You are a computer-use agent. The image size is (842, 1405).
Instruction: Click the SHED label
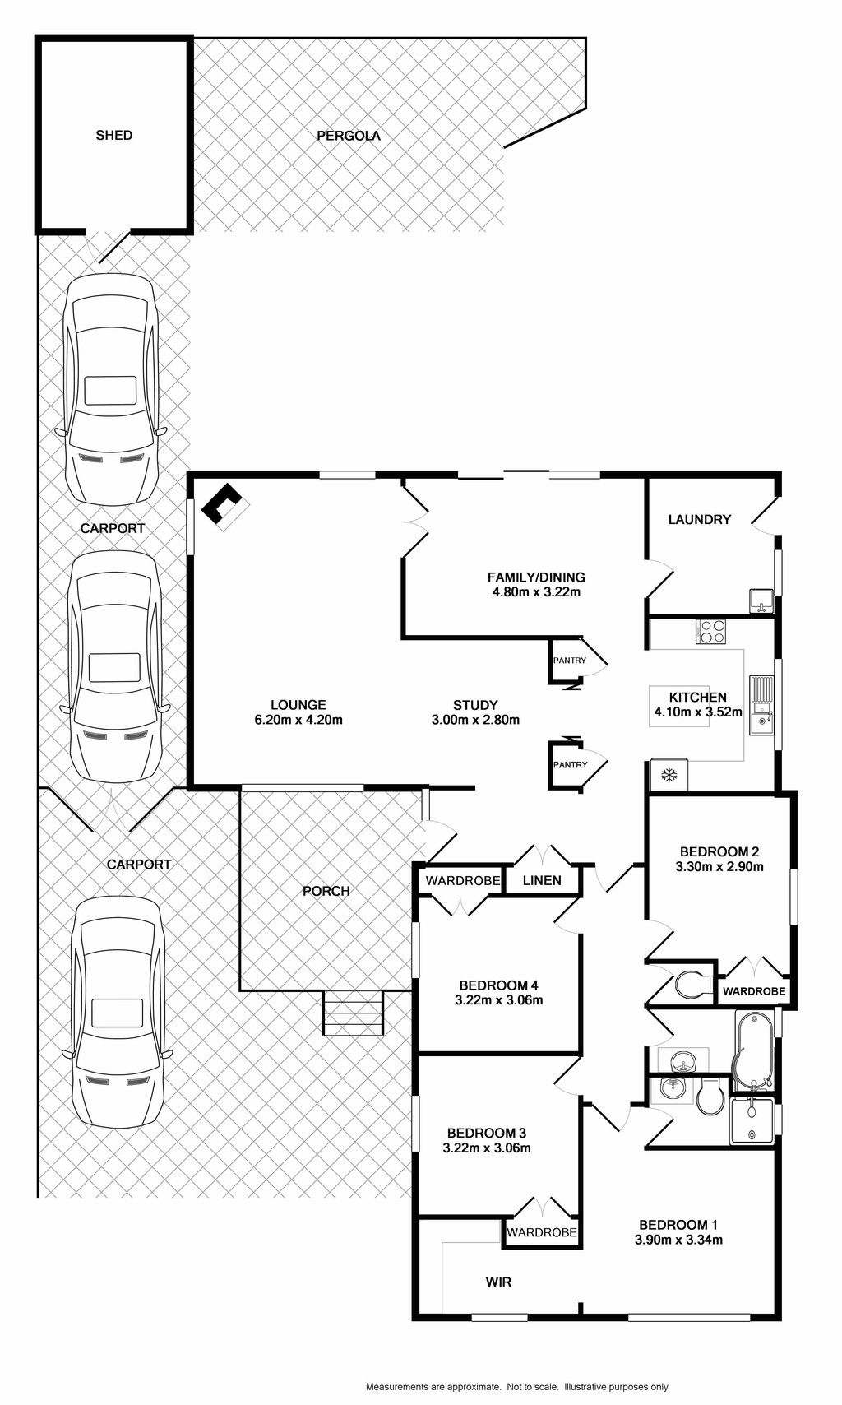tap(114, 135)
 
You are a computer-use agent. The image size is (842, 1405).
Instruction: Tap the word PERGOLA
tap(349, 136)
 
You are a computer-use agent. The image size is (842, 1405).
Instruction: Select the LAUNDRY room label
tap(699, 519)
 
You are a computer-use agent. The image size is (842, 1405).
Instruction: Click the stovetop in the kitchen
tap(710, 631)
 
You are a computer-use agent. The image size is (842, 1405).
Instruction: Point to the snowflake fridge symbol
tap(669, 775)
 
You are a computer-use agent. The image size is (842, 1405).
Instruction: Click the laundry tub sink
tap(761, 601)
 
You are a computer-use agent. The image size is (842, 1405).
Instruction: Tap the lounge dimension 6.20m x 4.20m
tap(298, 720)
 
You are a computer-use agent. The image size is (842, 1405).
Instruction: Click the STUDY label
tap(475, 705)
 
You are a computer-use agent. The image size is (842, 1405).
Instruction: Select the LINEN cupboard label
tap(543, 881)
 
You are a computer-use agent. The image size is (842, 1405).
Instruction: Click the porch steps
tap(353, 1013)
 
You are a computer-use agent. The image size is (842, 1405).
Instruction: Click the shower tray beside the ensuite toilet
tap(752, 1121)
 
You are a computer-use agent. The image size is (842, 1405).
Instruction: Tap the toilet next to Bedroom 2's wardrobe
tap(693, 984)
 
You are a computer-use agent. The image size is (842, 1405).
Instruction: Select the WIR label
tap(498, 1282)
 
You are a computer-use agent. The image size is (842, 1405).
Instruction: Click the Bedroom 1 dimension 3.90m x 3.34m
tap(678, 1240)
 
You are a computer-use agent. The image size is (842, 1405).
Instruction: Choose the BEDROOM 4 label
tap(498, 985)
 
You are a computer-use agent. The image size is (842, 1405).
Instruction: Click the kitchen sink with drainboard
tap(761, 705)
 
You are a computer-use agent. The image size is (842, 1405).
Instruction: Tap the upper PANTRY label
tap(569, 661)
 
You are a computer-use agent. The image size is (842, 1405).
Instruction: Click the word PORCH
tap(326, 891)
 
